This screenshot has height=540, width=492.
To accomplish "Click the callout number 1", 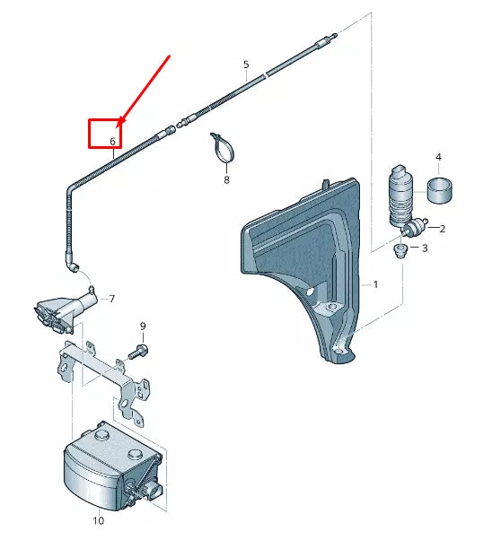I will tap(376, 284).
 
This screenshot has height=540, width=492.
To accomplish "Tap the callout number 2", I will tap(442, 229).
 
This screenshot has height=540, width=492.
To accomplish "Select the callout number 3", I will tap(425, 248).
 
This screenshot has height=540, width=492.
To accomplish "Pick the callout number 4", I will tap(439, 158).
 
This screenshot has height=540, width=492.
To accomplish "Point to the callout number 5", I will tap(245, 65).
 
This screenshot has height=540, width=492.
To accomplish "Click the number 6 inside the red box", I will tap(113, 142).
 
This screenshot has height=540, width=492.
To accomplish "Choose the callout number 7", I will tap(112, 299).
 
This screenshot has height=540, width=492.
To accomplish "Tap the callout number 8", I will tap(226, 180).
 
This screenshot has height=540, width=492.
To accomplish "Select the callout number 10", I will tap(99, 520).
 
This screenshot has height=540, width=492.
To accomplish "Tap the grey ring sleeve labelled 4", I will tap(439, 191).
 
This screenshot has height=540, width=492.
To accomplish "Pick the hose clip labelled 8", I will tap(222, 148).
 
